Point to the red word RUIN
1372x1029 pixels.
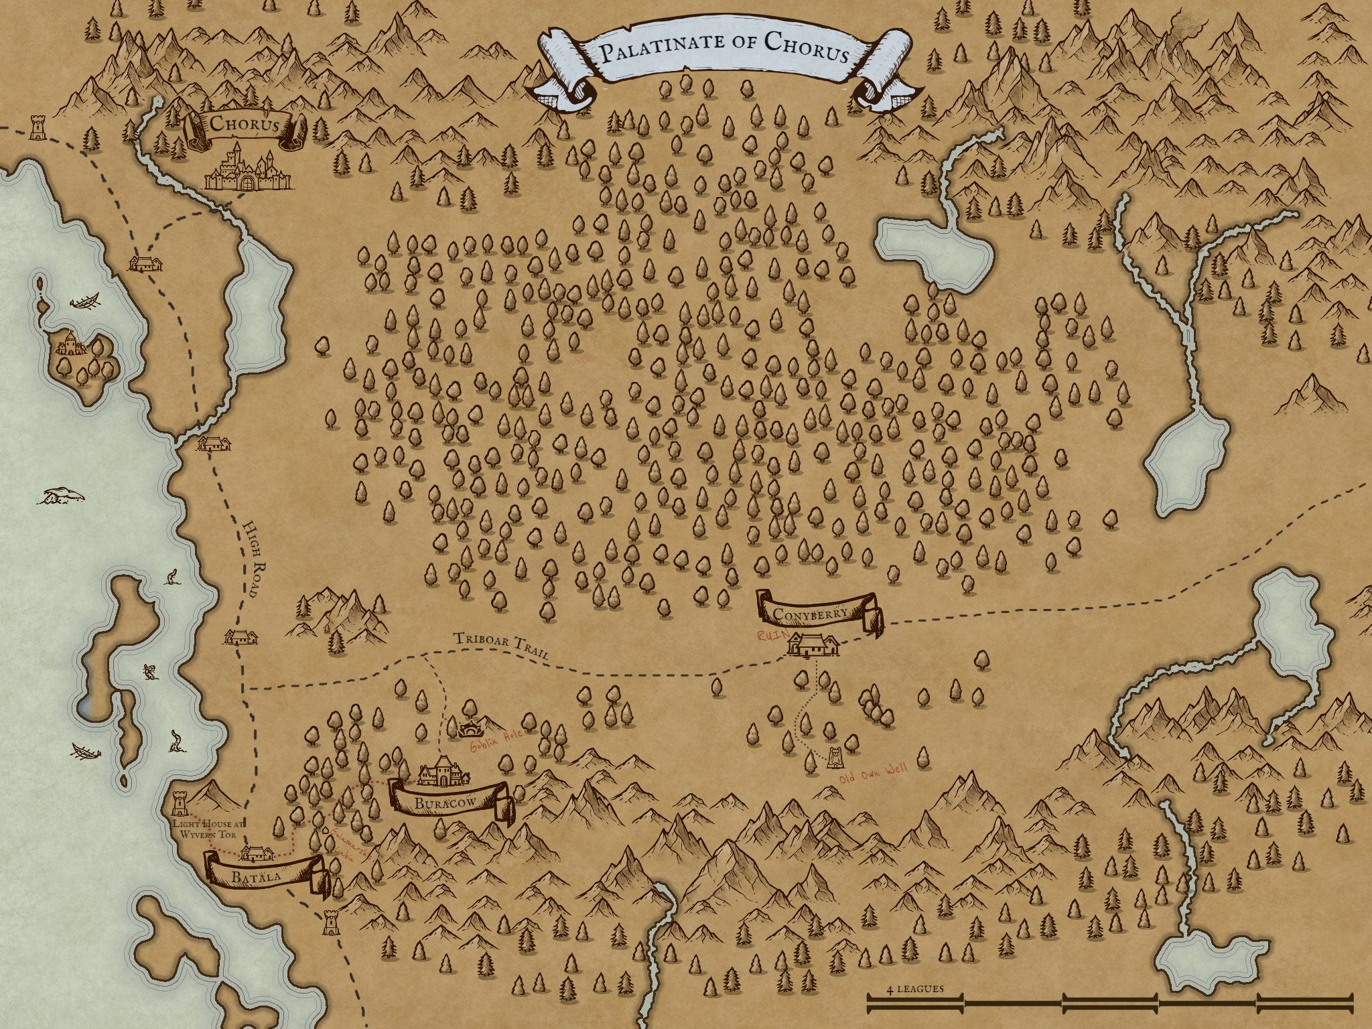click(770, 636)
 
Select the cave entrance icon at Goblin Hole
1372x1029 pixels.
click(471, 728)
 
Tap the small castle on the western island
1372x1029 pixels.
click(70, 345)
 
